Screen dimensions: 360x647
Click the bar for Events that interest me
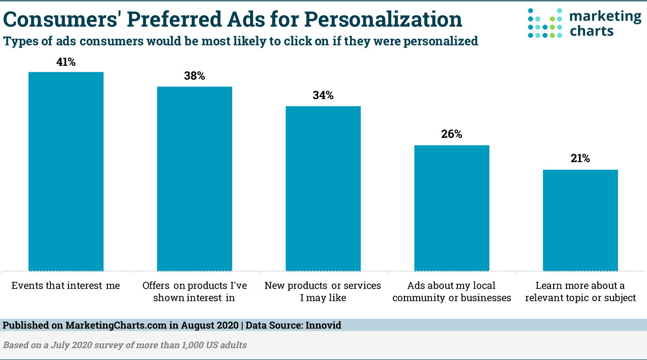[x=66, y=171]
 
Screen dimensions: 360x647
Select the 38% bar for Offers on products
[x=194, y=178]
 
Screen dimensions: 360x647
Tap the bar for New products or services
[x=323, y=188]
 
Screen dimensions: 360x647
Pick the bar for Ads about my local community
[x=452, y=208]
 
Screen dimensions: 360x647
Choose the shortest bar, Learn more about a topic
[x=580, y=220]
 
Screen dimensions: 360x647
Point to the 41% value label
[x=66, y=62]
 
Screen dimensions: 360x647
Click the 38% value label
[x=194, y=76]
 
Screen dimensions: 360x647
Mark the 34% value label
[x=323, y=95]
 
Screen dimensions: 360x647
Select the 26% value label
[x=452, y=134]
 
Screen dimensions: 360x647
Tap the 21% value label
[x=580, y=159]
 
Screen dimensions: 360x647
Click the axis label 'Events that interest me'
[x=66, y=285]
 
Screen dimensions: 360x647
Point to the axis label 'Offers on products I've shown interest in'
[x=194, y=291]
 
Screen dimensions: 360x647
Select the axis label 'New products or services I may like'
[x=323, y=291]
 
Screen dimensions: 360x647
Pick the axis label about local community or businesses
[x=452, y=291]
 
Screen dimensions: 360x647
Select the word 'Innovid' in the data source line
[x=323, y=325]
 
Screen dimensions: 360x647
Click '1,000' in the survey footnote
[x=192, y=345]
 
